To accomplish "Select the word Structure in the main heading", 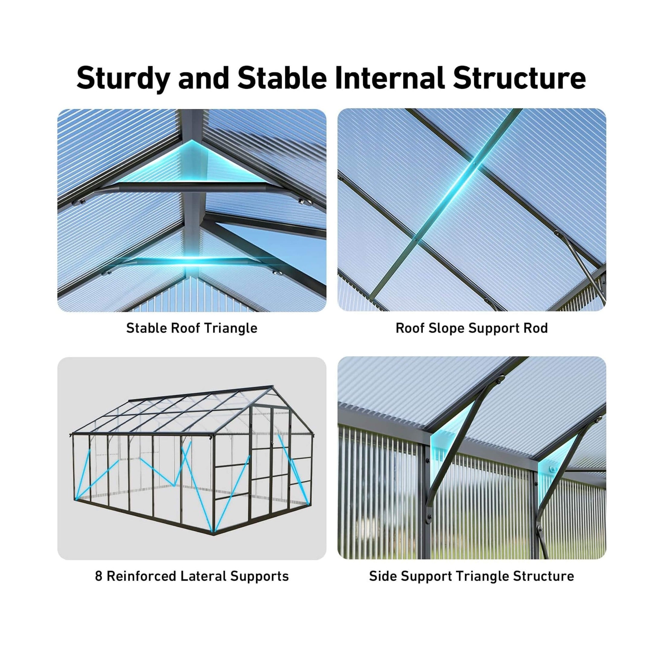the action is pos(519,78).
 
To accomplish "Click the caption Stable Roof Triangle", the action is pos(192,328).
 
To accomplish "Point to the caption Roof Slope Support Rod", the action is pos(471,328).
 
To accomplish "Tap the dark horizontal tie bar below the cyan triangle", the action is pos(192,187).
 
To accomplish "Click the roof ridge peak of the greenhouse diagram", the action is pos(273,386).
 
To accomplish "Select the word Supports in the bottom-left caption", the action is pos(260,577).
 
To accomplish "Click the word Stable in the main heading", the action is pos(282,78).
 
